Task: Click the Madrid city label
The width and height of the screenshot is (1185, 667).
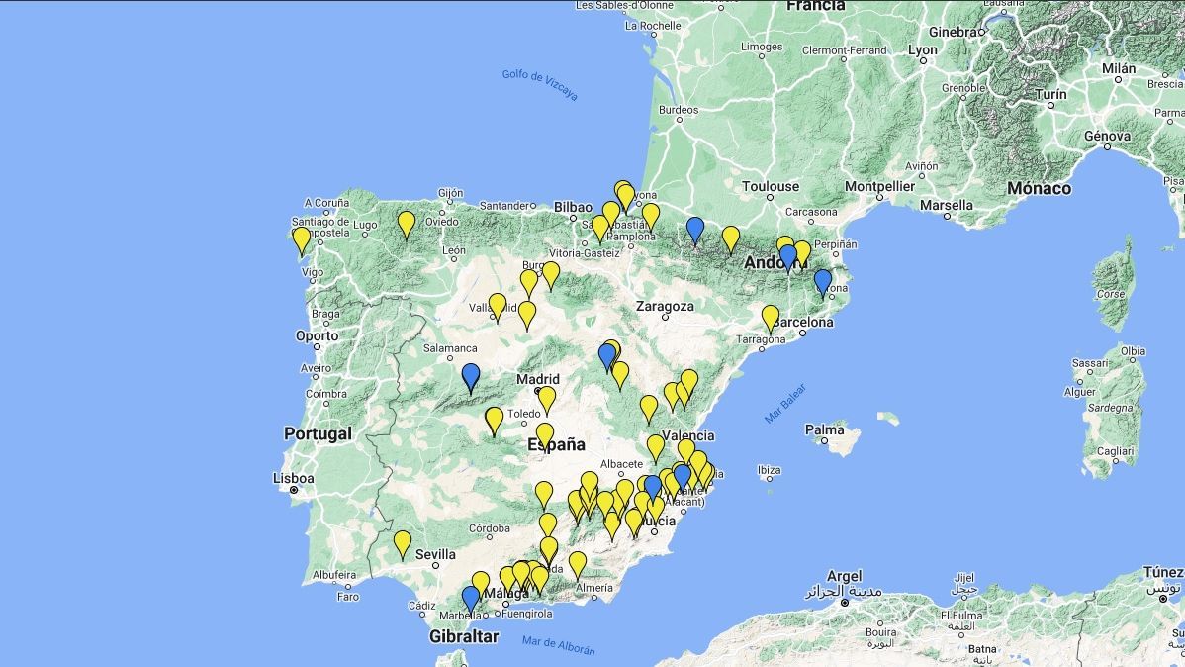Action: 537,379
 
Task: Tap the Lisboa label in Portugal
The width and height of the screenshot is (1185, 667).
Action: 294,479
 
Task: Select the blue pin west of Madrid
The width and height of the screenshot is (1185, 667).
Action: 471,376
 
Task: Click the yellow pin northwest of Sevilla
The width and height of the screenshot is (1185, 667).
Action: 403,543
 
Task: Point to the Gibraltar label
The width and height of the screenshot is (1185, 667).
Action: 464,636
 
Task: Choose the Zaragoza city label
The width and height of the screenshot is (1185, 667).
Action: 665,306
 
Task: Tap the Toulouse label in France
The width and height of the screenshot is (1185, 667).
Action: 771,186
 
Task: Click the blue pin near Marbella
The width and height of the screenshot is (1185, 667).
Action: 471,598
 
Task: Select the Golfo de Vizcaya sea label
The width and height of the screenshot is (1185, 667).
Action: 538,79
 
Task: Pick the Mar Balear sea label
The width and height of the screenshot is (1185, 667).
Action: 785,404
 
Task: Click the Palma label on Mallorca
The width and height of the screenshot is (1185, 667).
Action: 824,430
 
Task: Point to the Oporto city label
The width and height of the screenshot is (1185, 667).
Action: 317,335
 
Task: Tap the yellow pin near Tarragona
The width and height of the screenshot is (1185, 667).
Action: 771,318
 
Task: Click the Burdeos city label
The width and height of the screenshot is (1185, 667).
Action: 679,110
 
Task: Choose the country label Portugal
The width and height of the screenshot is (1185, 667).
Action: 318,433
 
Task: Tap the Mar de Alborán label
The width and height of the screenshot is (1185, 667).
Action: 559,645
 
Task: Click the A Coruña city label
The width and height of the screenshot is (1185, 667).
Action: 327,202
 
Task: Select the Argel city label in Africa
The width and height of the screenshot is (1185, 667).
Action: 844,576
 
